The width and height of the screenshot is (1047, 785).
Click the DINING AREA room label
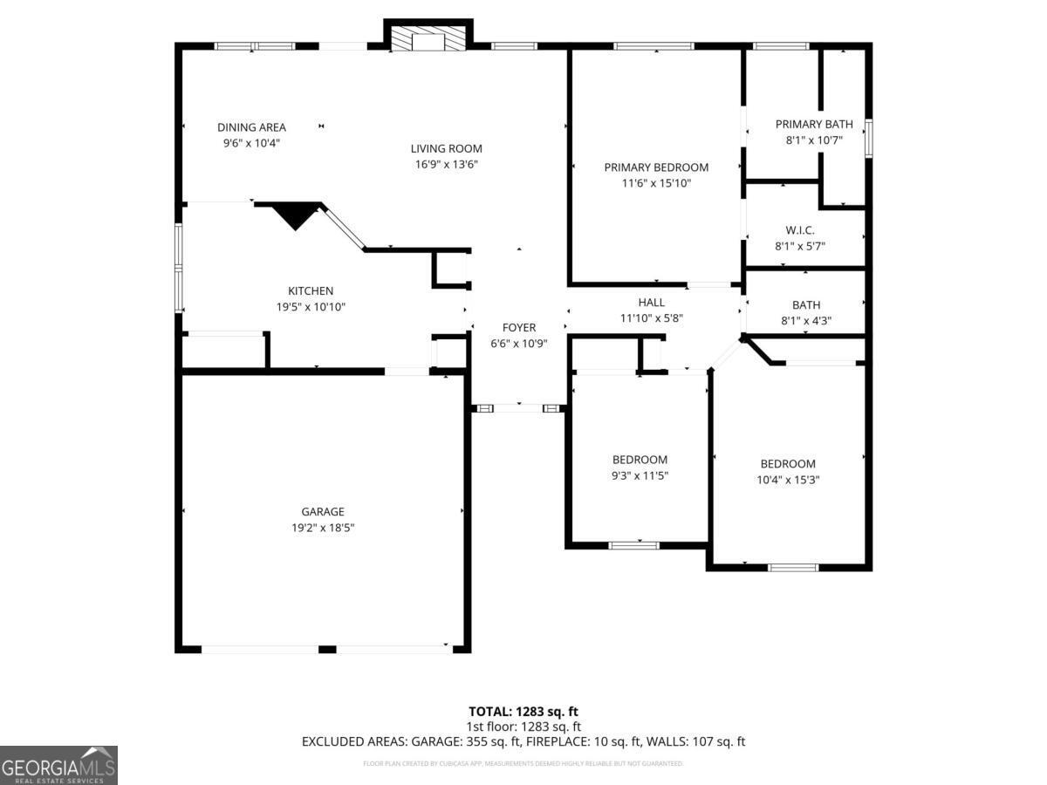pyautogui.click(x=251, y=127)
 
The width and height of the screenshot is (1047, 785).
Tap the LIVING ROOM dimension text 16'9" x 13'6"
pyautogui.click(x=447, y=164)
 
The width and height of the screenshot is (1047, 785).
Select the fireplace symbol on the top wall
pyautogui.click(x=428, y=38)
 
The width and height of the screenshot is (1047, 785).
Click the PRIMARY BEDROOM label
pyautogui.click(x=656, y=167)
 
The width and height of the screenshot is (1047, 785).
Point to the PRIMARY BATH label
pyautogui.click(x=813, y=124)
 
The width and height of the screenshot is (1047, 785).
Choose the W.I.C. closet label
pyautogui.click(x=800, y=230)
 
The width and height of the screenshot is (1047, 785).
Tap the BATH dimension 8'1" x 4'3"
pyautogui.click(x=806, y=320)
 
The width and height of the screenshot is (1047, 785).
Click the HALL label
pyautogui.click(x=651, y=303)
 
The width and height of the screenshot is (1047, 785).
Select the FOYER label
pyautogui.click(x=519, y=327)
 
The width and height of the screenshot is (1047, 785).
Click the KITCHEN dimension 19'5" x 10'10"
pyautogui.click(x=311, y=307)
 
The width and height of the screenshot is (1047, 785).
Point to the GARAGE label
pyautogui.click(x=323, y=512)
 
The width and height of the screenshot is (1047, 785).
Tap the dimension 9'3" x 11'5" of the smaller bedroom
pyautogui.click(x=640, y=475)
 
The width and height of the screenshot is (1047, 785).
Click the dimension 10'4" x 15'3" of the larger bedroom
pyautogui.click(x=788, y=480)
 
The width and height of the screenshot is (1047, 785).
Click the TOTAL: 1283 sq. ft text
pyautogui.click(x=523, y=711)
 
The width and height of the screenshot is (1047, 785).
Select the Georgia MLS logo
pyautogui.click(x=58, y=765)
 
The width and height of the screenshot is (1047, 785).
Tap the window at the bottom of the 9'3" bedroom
pyautogui.click(x=633, y=545)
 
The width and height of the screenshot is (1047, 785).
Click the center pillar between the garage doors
pyautogui.click(x=327, y=649)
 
